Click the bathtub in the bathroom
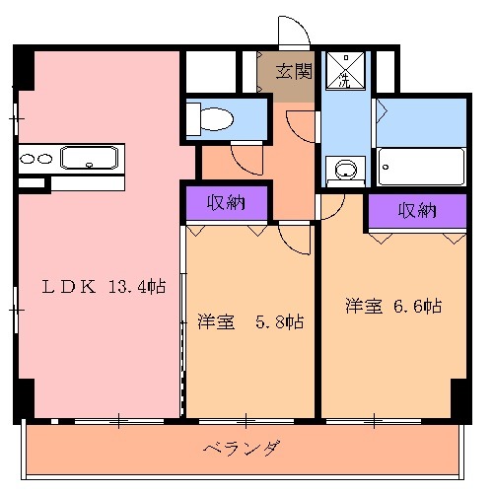422,167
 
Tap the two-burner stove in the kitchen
35,158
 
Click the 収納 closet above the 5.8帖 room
227,203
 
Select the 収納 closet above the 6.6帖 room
417,210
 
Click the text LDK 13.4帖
103,287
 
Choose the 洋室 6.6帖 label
391,306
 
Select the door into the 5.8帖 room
295,237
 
